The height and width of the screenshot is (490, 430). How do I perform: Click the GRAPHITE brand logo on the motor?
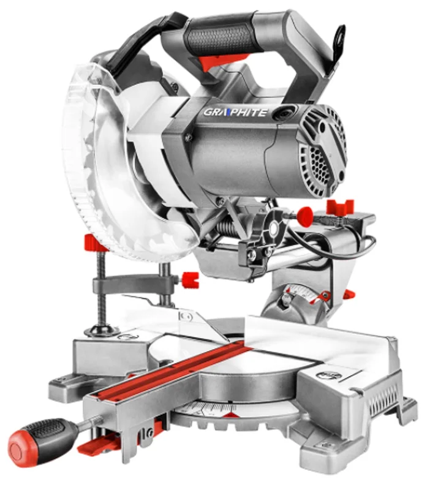pos(236,112)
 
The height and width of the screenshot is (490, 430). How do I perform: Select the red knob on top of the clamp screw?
pos(94,241)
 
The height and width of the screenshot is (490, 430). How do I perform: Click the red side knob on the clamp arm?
pos(190,279)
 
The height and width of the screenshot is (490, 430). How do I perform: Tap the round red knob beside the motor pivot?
pos(304,216)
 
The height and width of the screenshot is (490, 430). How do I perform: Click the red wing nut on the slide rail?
pos(340,206)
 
